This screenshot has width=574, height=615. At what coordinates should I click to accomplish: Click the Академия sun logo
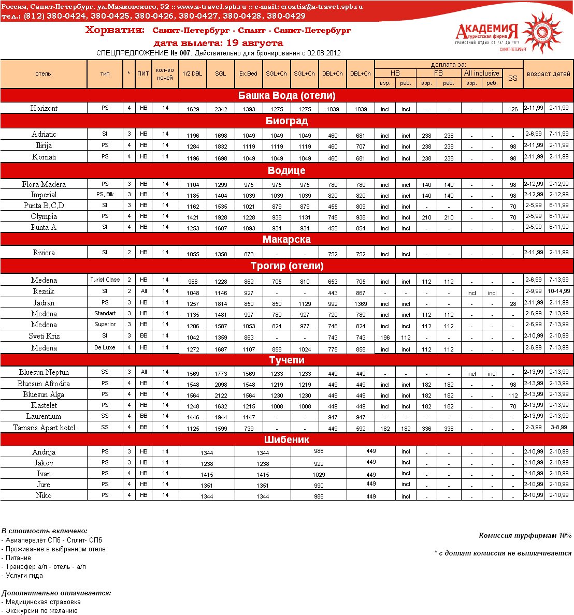541,32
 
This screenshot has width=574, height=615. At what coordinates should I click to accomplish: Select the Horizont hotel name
44,108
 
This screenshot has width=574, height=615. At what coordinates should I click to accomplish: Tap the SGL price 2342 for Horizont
221,109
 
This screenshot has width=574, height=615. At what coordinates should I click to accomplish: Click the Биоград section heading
286,121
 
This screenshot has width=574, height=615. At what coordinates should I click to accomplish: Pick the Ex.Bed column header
248,74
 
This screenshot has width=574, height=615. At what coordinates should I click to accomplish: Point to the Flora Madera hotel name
44,184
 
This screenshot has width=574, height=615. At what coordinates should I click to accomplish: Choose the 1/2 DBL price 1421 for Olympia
193,217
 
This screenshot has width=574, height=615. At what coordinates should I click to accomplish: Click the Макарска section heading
286,239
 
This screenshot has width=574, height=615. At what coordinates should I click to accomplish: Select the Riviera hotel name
44,253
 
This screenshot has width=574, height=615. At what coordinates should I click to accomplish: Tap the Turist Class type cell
105,280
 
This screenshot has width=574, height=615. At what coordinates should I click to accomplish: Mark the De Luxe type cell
105,347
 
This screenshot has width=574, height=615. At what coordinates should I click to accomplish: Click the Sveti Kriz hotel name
44,336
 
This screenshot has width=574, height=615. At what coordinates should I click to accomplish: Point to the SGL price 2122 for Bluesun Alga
221,396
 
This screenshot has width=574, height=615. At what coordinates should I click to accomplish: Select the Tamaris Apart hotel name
44,428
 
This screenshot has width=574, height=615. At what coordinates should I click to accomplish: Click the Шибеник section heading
286,440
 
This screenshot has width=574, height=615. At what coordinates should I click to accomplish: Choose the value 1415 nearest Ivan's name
207,475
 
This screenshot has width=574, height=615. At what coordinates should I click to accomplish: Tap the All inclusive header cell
481,73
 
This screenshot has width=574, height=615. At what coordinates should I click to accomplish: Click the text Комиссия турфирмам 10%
525,536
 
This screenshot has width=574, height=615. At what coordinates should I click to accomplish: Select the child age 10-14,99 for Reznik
559,291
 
